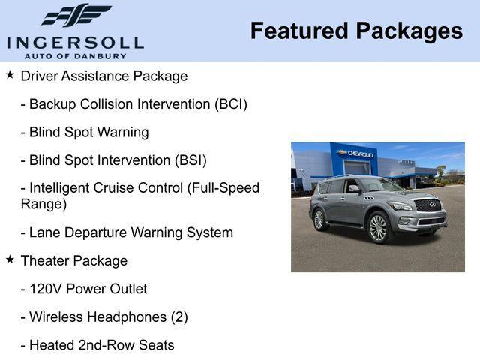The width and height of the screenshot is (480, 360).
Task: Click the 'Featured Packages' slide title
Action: [x=356, y=31]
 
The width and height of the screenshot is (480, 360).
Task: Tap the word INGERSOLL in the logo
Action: [x=75, y=42]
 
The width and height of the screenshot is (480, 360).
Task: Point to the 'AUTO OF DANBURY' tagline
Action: [x=75, y=56]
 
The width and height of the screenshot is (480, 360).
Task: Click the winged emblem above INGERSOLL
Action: [x=76, y=16]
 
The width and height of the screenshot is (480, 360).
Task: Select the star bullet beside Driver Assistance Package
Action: [x=10, y=75]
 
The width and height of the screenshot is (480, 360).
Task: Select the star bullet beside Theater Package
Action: [x=10, y=259]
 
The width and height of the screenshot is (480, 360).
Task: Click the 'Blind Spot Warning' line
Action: [x=84, y=132]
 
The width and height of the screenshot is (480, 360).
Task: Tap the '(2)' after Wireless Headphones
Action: [x=178, y=316]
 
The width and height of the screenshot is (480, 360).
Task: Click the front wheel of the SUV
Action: [x=377, y=227]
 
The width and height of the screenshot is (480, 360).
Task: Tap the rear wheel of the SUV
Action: [x=319, y=219]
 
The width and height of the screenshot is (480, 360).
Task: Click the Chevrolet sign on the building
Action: [x=357, y=154]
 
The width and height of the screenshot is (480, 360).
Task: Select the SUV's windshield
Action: [x=381, y=184]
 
